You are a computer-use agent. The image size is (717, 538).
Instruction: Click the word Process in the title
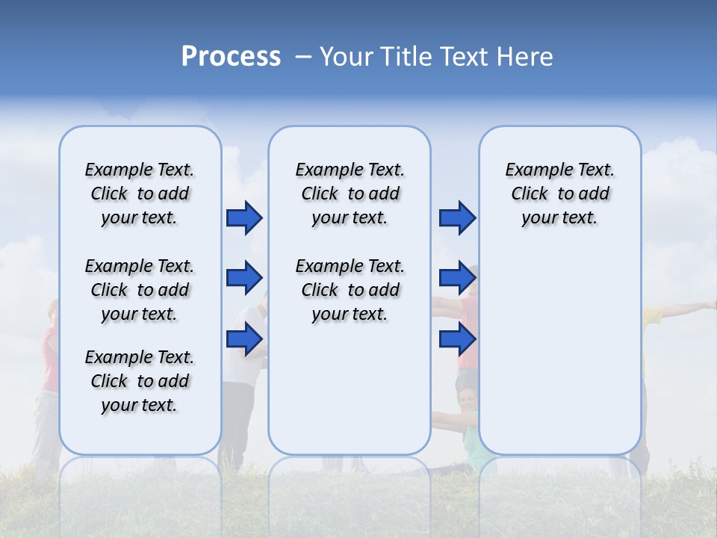[231, 56]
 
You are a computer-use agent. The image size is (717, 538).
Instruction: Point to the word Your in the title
[347, 57]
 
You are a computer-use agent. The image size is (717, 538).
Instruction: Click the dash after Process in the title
[303, 58]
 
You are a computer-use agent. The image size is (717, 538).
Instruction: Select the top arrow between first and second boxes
[244, 218]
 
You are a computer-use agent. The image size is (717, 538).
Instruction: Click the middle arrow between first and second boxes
[244, 279]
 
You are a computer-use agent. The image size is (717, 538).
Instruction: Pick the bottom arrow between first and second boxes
[244, 339]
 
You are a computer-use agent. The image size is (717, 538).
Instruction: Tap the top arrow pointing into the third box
[457, 218]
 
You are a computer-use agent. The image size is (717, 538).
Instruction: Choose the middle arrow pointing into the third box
[457, 279]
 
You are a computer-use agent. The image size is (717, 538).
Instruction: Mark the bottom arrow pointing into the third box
[457, 339]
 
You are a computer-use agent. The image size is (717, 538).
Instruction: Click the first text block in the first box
[140, 194]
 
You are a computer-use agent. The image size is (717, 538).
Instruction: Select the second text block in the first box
[140, 290]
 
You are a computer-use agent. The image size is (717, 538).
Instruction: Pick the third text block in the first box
[140, 381]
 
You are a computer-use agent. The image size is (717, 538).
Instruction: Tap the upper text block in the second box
[350, 194]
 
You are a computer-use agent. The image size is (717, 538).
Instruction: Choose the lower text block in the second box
[350, 290]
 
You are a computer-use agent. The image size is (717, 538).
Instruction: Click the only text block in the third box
[559, 194]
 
